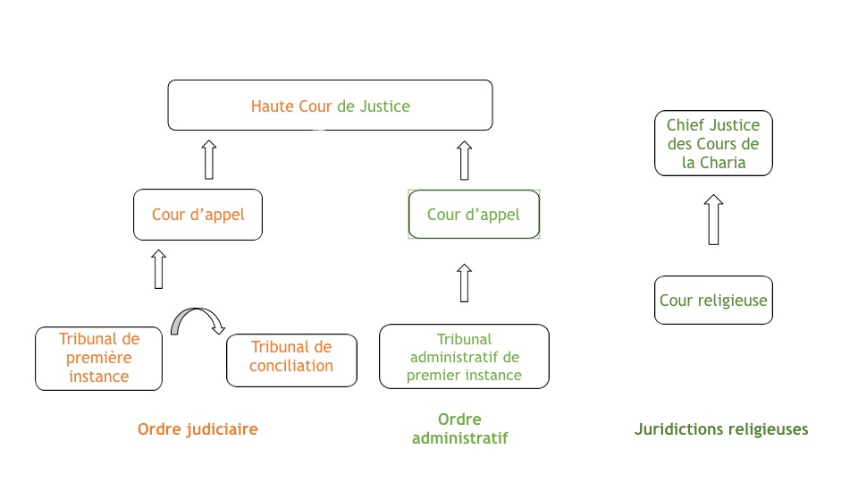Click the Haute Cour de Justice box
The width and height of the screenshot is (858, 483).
pos(330,106)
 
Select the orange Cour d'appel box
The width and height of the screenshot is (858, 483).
pos(198,215)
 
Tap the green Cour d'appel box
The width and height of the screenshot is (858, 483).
pos(474,214)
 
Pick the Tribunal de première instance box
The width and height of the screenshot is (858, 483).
pos(98,359)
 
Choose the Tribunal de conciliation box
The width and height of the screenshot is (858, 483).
pos(291,360)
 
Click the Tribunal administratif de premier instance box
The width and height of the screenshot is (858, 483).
pos(464,357)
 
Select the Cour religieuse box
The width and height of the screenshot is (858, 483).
pos(713,301)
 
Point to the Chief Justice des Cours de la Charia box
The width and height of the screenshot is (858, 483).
pos(713,143)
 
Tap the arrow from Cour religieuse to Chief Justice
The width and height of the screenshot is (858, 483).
pos(713,220)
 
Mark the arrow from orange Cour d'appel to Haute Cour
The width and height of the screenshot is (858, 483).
pos(209,160)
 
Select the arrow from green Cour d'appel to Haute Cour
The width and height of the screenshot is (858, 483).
pos(465,160)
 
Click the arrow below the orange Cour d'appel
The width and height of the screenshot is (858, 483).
pos(159,269)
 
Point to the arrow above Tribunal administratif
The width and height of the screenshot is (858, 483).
pos(465,284)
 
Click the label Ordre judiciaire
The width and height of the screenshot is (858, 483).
pos(198,429)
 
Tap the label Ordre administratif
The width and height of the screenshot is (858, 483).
pos(459,428)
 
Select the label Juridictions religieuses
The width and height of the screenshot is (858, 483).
pos(721,429)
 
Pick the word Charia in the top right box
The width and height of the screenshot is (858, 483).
pos(722,163)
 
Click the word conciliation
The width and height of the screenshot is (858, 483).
pos(291,366)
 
